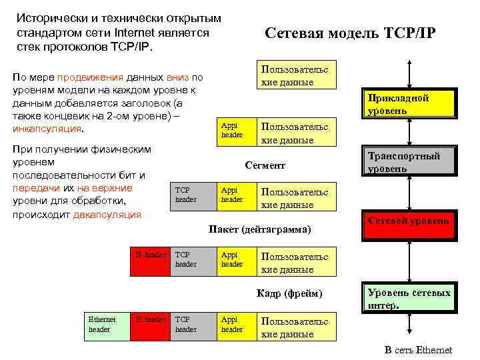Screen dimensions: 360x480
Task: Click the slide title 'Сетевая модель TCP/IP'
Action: [349, 33]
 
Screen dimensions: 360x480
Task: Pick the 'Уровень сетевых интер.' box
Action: [408, 299]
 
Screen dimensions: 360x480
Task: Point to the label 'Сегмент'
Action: [265, 165]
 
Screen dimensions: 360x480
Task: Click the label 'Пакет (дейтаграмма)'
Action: [259, 229]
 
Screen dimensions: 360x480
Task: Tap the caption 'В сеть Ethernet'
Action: [418, 350]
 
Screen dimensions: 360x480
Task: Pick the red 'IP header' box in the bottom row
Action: [150, 324]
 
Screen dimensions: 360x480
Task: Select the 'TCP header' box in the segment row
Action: [193, 195]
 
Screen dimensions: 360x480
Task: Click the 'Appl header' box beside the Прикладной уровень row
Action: [236, 131]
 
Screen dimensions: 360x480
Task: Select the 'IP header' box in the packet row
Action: [150, 259]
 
